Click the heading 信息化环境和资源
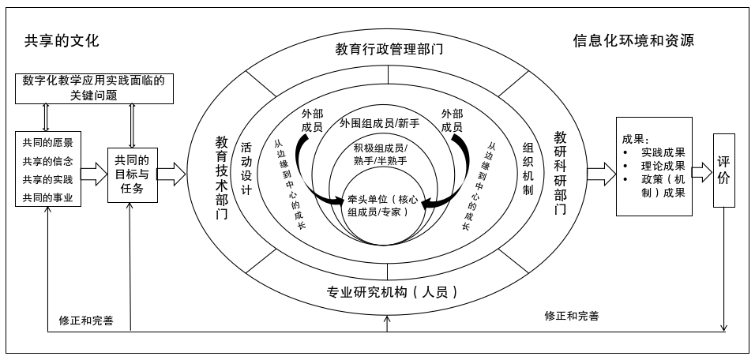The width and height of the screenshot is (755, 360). [633, 41]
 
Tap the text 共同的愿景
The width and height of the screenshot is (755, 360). [47, 143]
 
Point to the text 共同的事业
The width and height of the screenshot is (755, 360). [47, 197]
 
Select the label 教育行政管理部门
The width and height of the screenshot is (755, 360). [389, 49]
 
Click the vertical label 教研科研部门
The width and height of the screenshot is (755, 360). [560, 174]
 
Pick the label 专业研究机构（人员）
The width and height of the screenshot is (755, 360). [392, 292]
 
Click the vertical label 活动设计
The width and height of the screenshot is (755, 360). [246, 169]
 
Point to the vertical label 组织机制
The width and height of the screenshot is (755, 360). [528, 169]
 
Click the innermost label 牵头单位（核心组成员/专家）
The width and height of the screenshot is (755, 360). [381, 204]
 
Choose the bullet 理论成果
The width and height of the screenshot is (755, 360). [663, 167]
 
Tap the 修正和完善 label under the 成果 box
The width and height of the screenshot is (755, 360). [571, 316]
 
